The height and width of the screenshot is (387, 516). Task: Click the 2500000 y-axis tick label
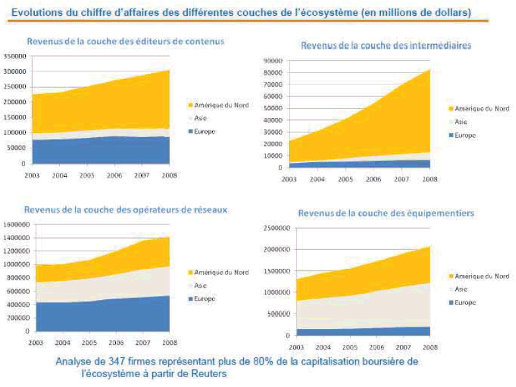pos(276,228)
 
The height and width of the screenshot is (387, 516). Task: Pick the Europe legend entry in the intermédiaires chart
pos(465,135)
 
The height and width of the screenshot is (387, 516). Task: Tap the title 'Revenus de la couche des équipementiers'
pos(373,213)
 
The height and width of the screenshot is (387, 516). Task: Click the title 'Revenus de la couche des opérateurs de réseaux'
pos(126,210)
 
